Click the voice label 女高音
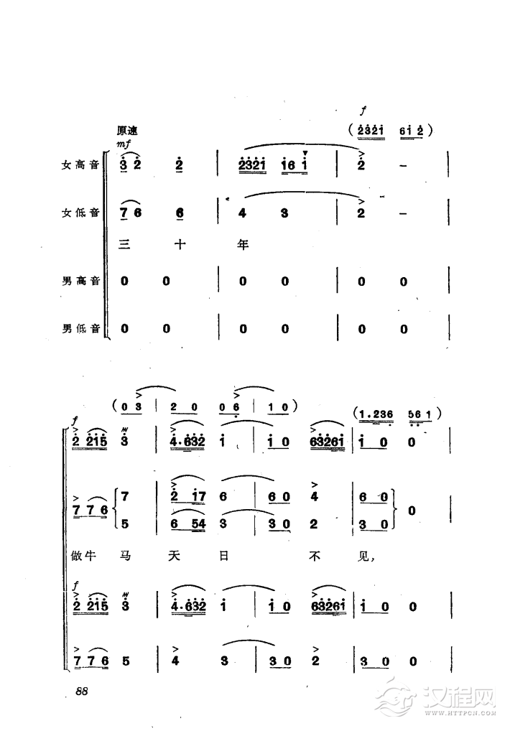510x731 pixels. pyautogui.click(x=80, y=165)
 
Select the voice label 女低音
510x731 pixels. pyautogui.click(x=80, y=213)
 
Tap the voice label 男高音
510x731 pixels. pyautogui.click(x=80, y=281)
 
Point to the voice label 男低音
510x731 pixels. pyautogui.click(x=80, y=329)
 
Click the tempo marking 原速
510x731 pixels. pyautogui.click(x=127, y=131)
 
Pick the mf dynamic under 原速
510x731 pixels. pyautogui.click(x=124, y=144)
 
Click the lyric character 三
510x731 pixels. pyautogui.click(x=124, y=244)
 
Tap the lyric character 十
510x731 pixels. pyautogui.click(x=180, y=244)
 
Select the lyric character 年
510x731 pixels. pyautogui.click(x=243, y=244)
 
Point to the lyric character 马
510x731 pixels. pyautogui.click(x=125, y=556)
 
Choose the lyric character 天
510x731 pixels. pyautogui.click(x=174, y=556)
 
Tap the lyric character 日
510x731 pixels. pyautogui.click(x=224, y=556)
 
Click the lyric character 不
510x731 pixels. pyautogui.click(x=315, y=556)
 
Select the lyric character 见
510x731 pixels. pyautogui.click(x=363, y=556)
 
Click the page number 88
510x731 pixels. pyautogui.click(x=82, y=691)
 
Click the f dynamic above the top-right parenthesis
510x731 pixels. pyautogui.click(x=363, y=111)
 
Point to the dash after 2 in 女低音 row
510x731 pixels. pyautogui.click(x=404, y=213)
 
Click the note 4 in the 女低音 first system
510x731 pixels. pyautogui.click(x=242, y=213)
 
